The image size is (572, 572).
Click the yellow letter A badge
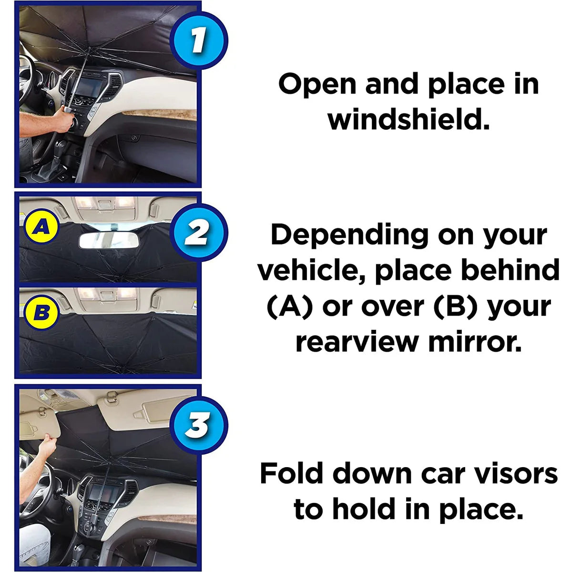pyautogui.click(x=42, y=228)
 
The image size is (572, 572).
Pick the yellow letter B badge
pyautogui.click(x=42, y=313)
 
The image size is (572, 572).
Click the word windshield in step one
pyautogui.click(x=409, y=119)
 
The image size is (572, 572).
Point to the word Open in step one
pyautogui.click(x=317, y=84)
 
